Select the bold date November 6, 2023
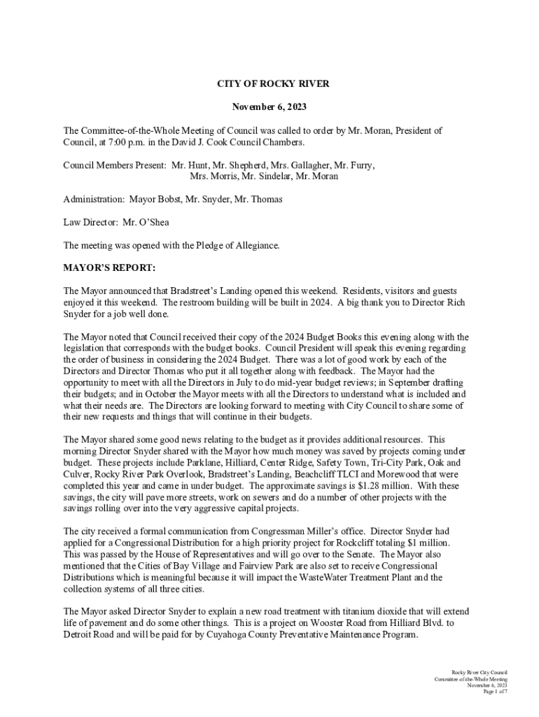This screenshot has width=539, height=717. pyautogui.click(x=269, y=107)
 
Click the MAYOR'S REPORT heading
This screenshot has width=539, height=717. pyautogui.click(x=109, y=268)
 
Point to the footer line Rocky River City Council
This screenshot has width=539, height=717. pyautogui.click(x=479, y=671)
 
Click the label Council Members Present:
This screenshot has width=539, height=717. pyautogui.click(x=115, y=165)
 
